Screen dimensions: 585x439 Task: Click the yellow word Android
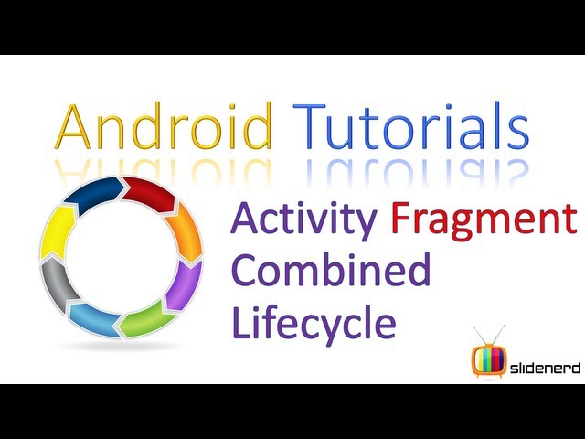[164, 125]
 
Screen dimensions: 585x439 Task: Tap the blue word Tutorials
[410, 125]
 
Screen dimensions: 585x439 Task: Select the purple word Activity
[303, 219]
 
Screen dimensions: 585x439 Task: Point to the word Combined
[331, 270]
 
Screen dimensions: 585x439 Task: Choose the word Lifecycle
[314, 322]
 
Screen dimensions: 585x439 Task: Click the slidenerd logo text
[545, 369]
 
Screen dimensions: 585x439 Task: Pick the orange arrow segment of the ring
[185, 231]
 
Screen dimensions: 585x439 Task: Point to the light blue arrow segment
[95, 318]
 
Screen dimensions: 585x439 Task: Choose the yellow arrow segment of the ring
[57, 232]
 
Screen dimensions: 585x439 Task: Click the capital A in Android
[73, 127]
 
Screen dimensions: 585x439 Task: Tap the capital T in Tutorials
[309, 125]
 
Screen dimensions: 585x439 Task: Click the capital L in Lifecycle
[241, 322]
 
